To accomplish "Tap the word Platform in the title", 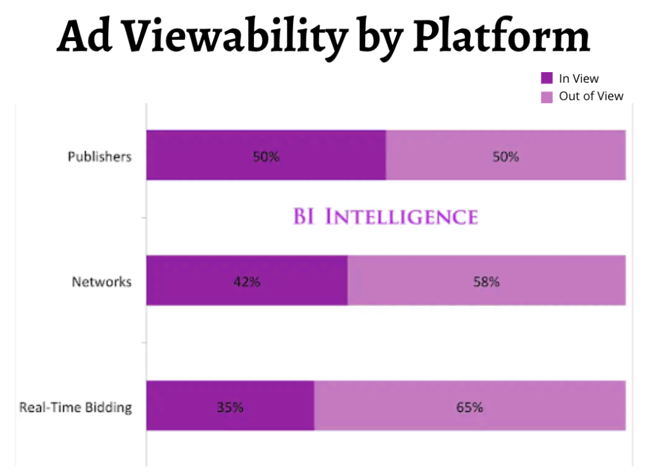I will pyautogui.click(x=501, y=37).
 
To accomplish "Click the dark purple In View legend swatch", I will pyautogui.click(x=547, y=78).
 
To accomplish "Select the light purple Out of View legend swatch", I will pyautogui.click(x=547, y=97).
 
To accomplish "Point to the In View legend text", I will pyautogui.click(x=579, y=78).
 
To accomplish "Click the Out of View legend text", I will pyautogui.click(x=591, y=96).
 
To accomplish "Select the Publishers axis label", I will pyautogui.click(x=100, y=156).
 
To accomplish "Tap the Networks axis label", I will pyautogui.click(x=102, y=282).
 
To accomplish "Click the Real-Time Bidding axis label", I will pyautogui.click(x=76, y=407).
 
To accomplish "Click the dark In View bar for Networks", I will pyautogui.click(x=190, y=281).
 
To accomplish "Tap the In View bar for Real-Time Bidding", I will pyautogui.click(x=177, y=406).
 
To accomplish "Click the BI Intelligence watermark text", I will pyautogui.click(x=385, y=217).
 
